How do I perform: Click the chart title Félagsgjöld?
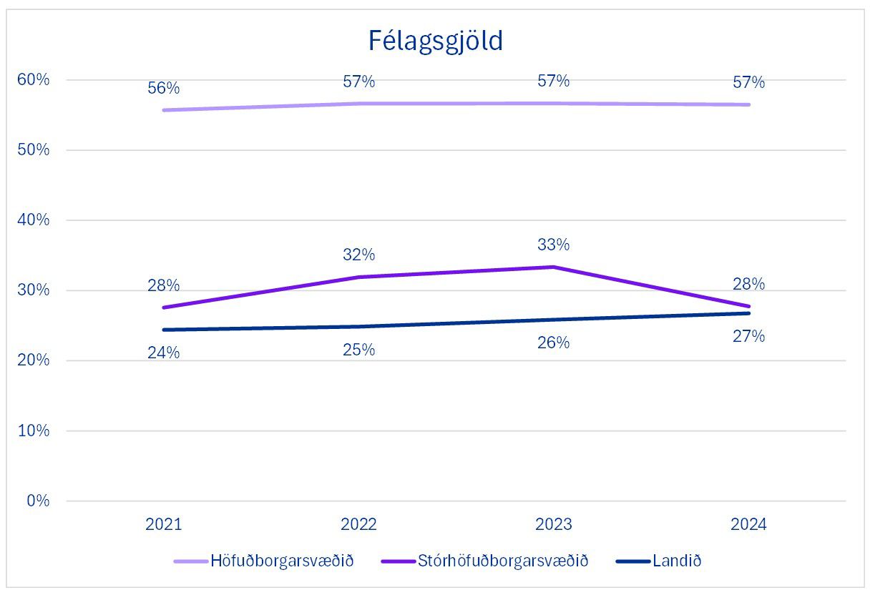435,41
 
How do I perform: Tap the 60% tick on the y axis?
34,79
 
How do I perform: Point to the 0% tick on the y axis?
38,501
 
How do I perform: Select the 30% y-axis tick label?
34,290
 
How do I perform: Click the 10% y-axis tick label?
34,431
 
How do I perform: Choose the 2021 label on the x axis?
163,525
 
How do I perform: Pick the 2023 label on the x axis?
553,525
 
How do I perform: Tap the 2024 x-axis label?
748,525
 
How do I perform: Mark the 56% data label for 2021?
163,89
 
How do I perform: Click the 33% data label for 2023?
553,245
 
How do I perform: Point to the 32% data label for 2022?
358,255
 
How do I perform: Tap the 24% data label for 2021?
163,353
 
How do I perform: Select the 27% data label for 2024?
748,336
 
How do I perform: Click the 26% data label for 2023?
553,343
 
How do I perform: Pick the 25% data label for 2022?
358,350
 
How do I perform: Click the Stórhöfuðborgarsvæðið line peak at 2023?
553,267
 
